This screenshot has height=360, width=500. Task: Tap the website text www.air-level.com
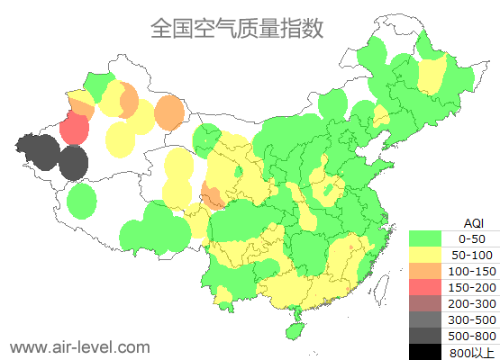click(79, 346)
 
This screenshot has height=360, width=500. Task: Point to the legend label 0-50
click(472, 238)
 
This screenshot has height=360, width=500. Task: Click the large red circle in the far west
click(74, 129)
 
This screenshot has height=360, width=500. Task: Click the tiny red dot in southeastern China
click(350, 246)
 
